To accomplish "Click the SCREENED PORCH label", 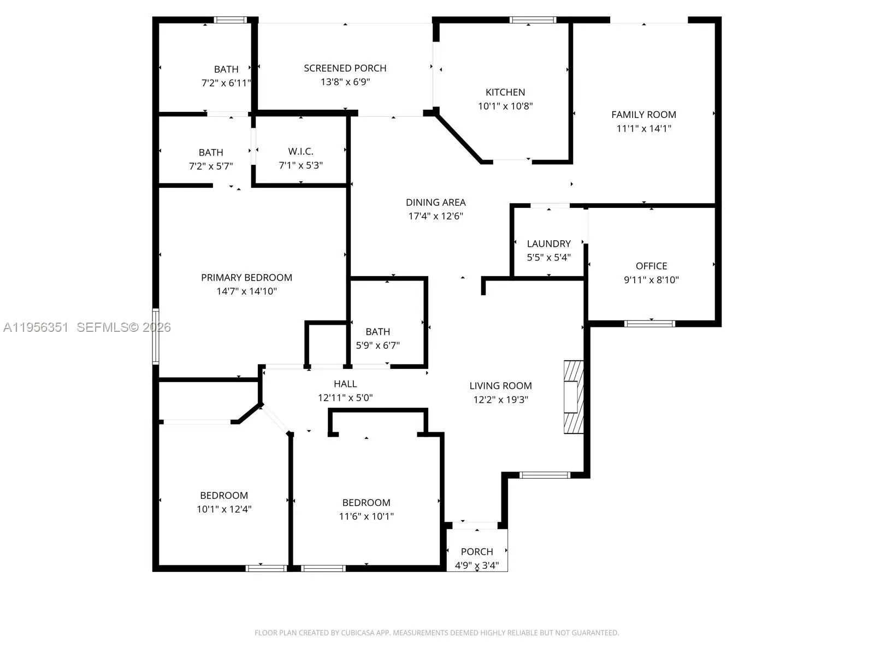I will pyautogui.click(x=345, y=68).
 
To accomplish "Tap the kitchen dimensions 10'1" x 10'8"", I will pyautogui.click(x=505, y=106).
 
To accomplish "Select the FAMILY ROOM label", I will pyautogui.click(x=643, y=115).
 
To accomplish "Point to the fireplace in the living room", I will pyautogui.click(x=573, y=397).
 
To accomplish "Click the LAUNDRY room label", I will pyautogui.click(x=548, y=243).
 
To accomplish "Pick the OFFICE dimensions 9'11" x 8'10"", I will pyautogui.click(x=651, y=280).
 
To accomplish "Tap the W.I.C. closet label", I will pyautogui.click(x=300, y=151).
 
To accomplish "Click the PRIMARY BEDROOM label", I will pyautogui.click(x=246, y=277).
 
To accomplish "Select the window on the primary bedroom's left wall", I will pyautogui.click(x=156, y=336).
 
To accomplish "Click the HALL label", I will pyautogui.click(x=345, y=384).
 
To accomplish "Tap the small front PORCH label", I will pyautogui.click(x=476, y=551).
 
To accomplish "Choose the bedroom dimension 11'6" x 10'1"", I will pyautogui.click(x=366, y=516).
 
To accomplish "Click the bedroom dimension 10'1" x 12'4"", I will pyautogui.click(x=224, y=509).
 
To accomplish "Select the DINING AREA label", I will pyautogui.click(x=435, y=202).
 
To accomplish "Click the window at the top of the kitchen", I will pyautogui.click(x=533, y=20).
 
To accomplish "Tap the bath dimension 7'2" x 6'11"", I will pyautogui.click(x=226, y=84).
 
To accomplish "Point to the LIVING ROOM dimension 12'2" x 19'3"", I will pyautogui.click(x=500, y=400).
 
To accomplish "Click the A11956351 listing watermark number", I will pyautogui.click(x=36, y=327).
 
